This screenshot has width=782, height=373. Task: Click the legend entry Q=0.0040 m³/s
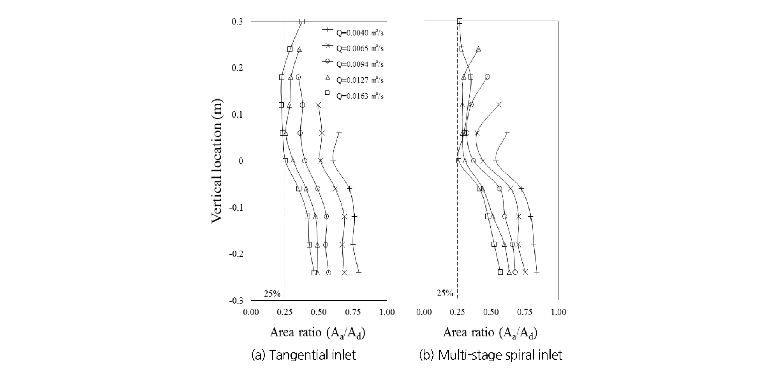pos(359,33)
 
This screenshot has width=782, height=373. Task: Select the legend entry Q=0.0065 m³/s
pos(359,49)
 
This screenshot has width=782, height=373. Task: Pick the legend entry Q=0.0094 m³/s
pos(359,64)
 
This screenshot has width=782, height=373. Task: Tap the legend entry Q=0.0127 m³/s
pos(359,80)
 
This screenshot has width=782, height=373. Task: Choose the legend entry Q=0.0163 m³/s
pos(359,95)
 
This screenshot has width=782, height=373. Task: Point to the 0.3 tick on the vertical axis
pos(237,22)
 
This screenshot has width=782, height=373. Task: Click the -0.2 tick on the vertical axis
pos(236,254)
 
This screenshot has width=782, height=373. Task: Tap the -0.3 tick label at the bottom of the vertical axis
pos(236,301)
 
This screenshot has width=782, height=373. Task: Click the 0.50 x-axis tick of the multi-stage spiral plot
pos(491,312)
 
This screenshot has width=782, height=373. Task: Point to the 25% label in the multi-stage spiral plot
pos(445,293)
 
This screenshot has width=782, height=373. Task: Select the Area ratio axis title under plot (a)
pos(318,332)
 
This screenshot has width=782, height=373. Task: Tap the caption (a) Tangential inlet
pos(304,355)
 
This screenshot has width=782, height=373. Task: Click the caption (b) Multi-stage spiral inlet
pos(491,355)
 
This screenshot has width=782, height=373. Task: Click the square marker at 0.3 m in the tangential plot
pos(302,21)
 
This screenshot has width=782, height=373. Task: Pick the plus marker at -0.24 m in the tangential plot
pos(359,272)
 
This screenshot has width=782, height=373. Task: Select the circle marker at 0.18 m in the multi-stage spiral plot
pos(487,77)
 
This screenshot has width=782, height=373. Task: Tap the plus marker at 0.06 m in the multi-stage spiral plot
pos(507,133)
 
